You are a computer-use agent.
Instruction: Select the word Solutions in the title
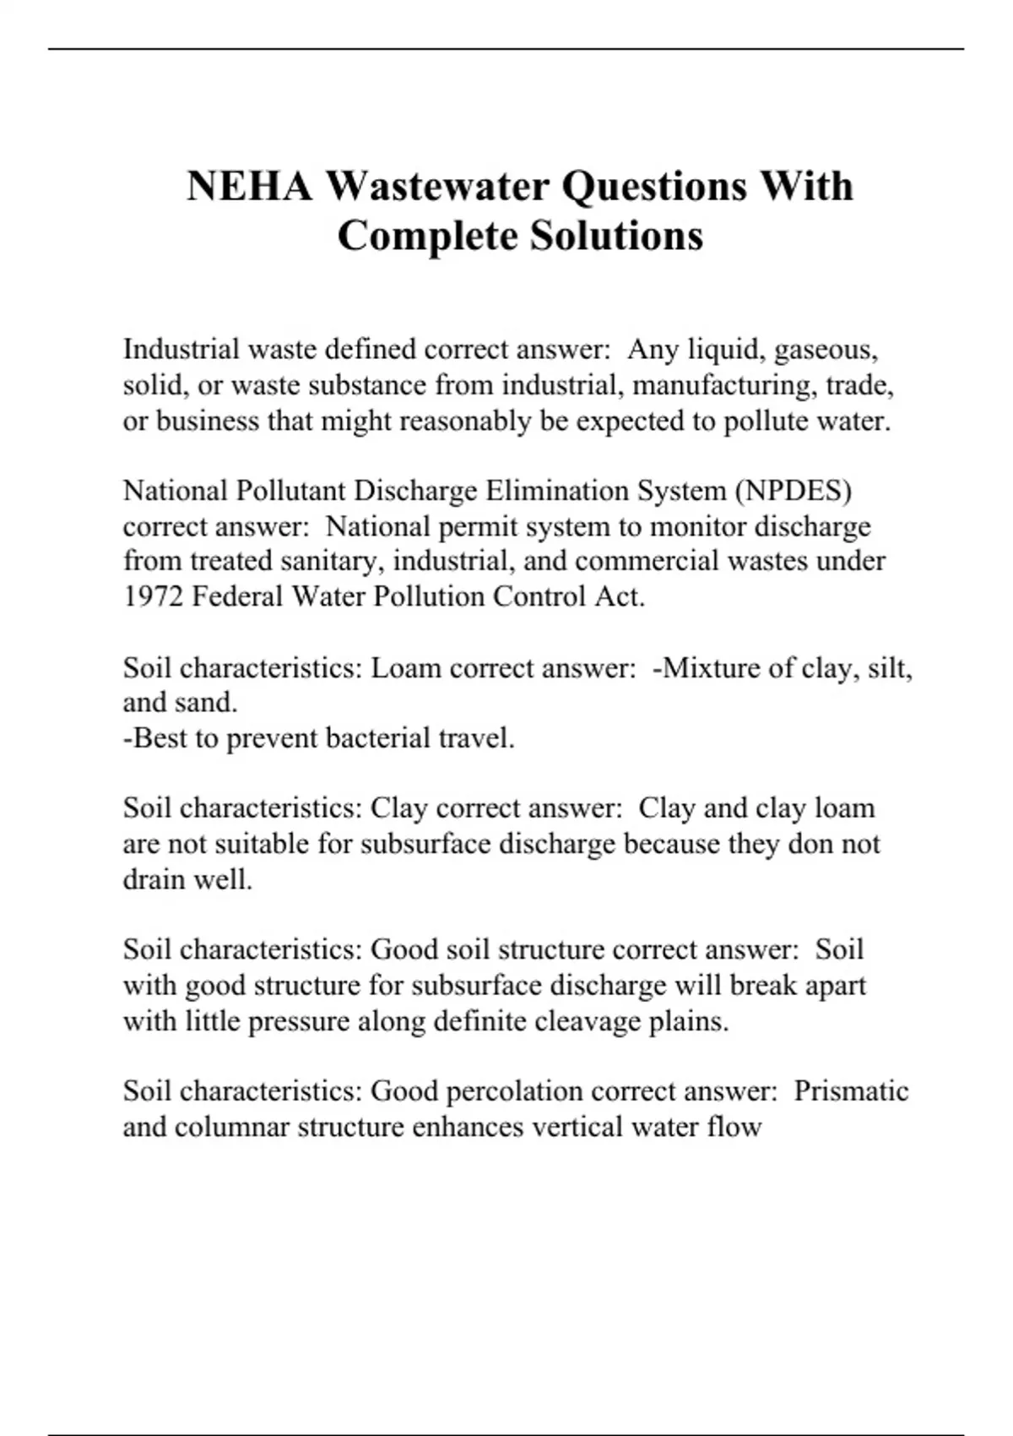[x=616, y=236]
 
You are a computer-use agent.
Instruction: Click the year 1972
[x=153, y=597]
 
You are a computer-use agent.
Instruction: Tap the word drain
[x=154, y=880]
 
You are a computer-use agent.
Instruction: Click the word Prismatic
[x=851, y=1091]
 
